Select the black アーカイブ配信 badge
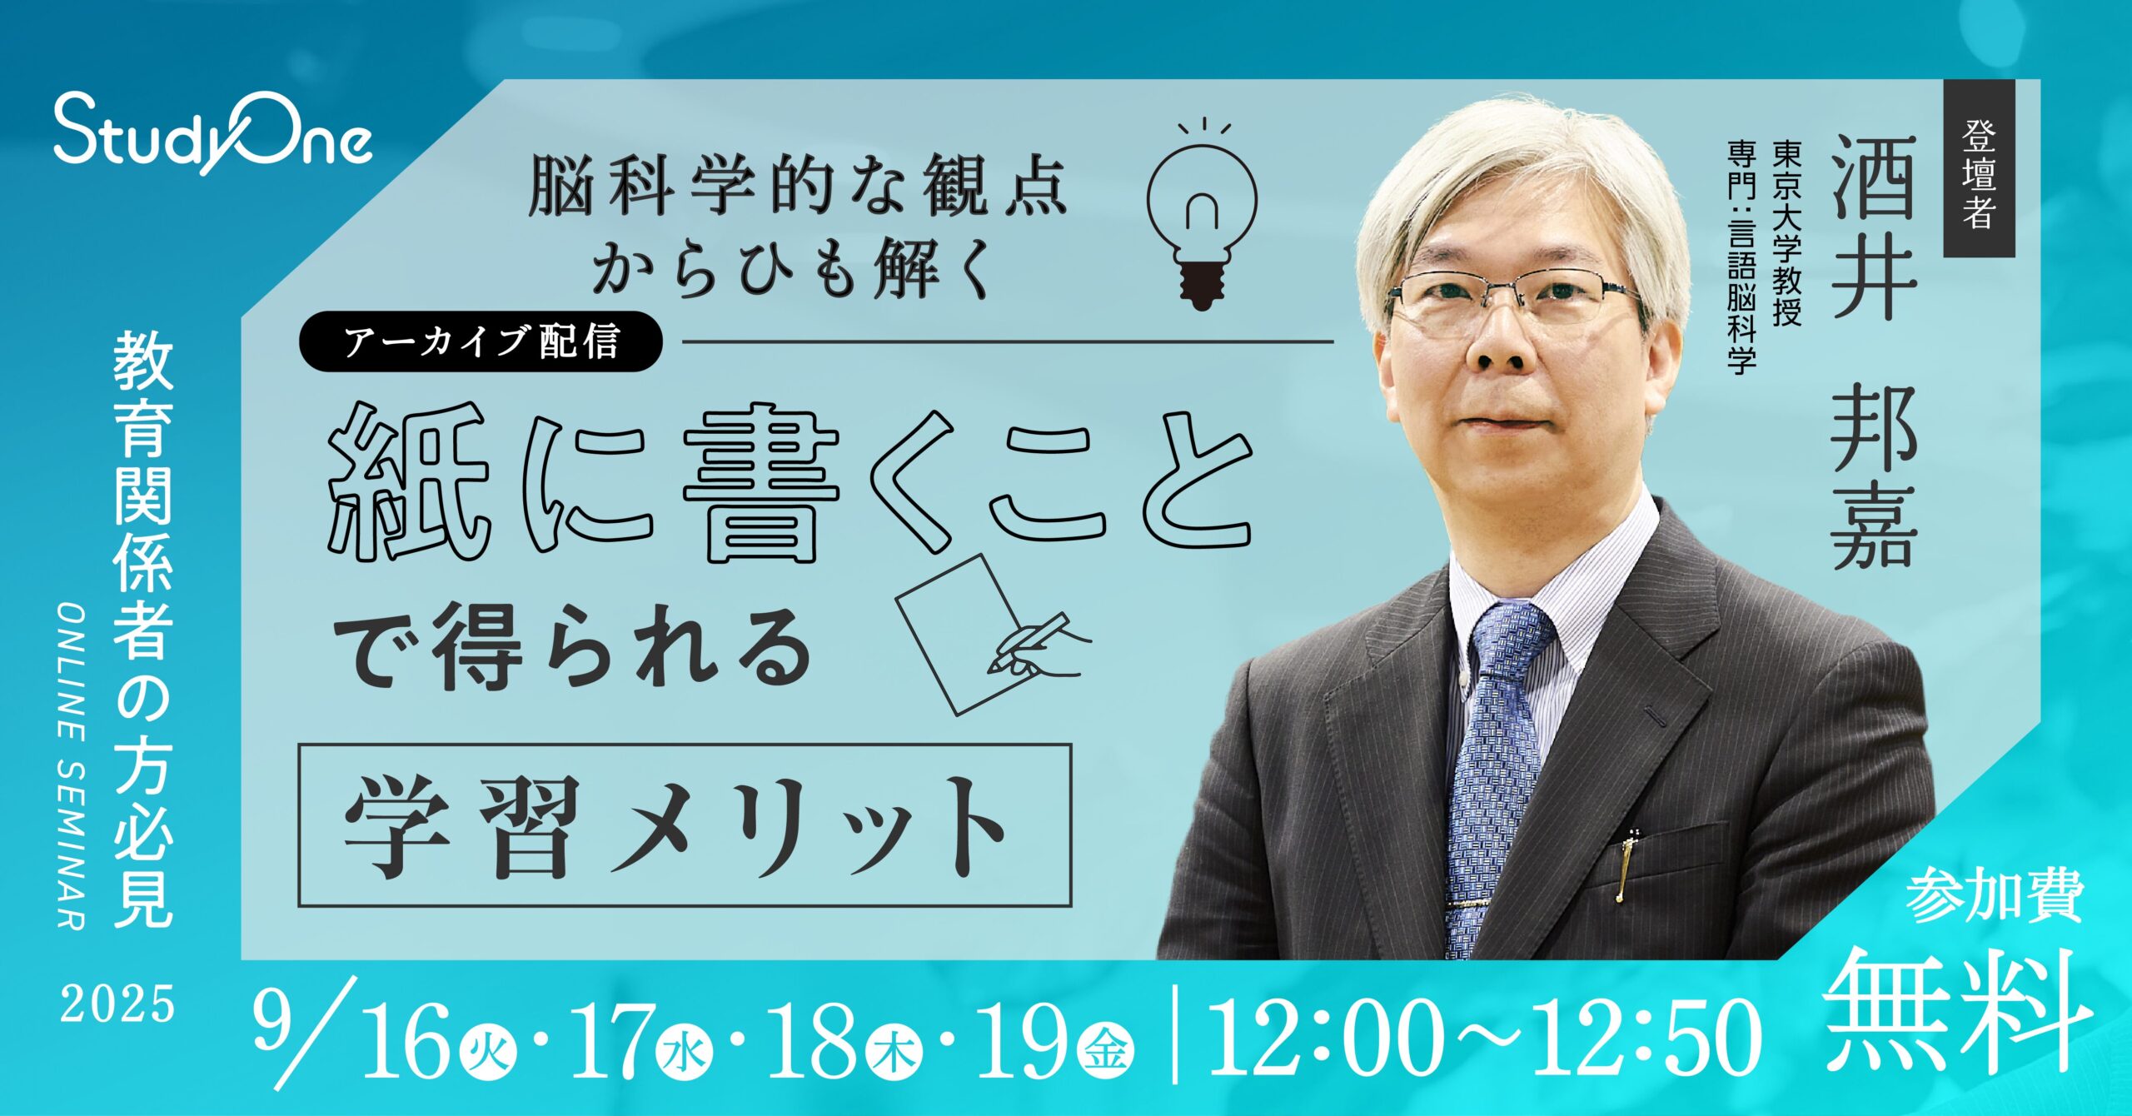pyautogui.click(x=481, y=341)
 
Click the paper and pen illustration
pyautogui.click(x=991, y=634)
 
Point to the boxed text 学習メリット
pyautogui.click(x=684, y=825)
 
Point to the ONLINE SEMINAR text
pyautogui.click(x=72, y=765)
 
